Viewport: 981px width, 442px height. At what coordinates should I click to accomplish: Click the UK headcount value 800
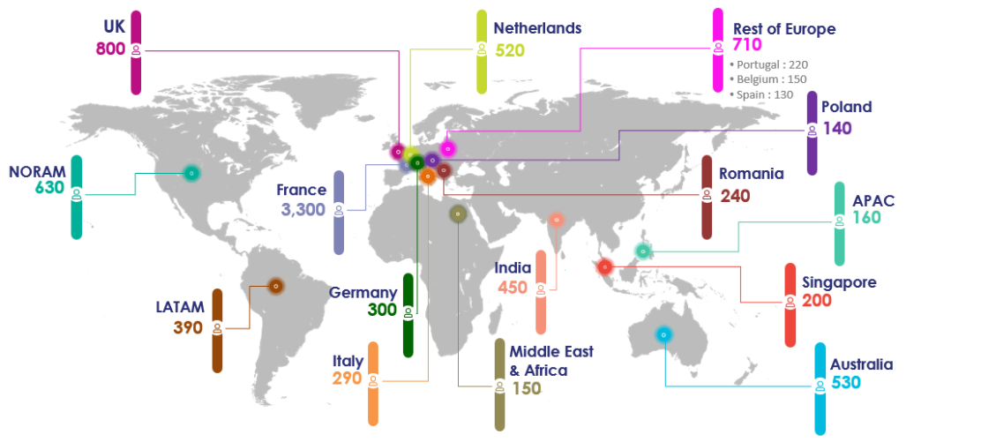(110, 49)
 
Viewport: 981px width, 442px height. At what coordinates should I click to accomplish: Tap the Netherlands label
(537, 28)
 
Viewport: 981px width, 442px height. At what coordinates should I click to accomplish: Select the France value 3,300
(303, 210)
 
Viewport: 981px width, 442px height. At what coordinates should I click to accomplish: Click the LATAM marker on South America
(275, 286)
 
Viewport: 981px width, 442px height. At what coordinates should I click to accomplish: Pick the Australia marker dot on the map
(663, 334)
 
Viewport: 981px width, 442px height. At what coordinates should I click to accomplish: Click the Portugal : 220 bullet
(769, 64)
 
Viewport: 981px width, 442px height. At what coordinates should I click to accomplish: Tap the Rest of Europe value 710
(747, 45)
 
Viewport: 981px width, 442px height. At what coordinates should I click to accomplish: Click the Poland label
(846, 108)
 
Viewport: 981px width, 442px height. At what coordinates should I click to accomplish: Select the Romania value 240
(735, 196)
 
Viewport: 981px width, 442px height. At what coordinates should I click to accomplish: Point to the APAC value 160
(866, 218)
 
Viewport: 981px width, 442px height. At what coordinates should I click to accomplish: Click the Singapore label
(839, 282)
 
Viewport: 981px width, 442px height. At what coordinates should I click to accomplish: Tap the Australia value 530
(844, 383)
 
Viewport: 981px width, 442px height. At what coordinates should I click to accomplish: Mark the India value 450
(513, 287)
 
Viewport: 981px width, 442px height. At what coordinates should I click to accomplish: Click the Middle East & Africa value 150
(526, 388)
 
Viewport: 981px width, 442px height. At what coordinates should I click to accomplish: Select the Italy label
(348, 361)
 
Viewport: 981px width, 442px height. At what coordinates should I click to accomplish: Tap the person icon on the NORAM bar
(77, 194)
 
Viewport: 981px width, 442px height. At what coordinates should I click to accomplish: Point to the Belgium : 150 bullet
(768, 79)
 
